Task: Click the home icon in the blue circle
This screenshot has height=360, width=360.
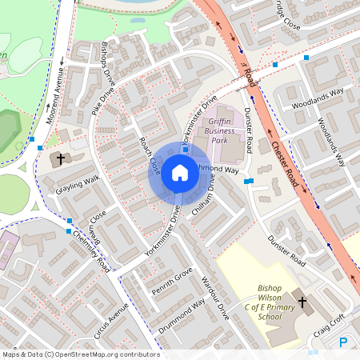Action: tap(179, 172)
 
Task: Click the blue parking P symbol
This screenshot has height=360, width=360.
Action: tap(343, 342)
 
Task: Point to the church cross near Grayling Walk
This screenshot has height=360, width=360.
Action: tap(61, 158)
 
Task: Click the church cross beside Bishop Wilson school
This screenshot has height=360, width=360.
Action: tap(302, 302)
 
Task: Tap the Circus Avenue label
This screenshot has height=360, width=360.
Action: tap(111, 320)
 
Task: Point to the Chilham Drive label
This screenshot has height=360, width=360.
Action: tap(202, 197)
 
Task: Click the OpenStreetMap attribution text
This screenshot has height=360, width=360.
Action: tap(80, 354)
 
